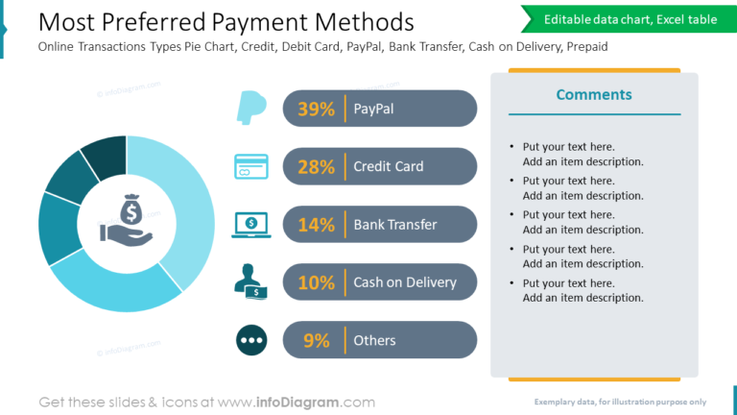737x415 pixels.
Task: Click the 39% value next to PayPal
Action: [316, 110]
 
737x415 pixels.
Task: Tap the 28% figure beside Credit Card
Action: [316, 167]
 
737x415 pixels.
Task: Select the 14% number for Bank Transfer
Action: [316, 225]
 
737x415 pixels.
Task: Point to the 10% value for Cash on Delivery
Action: [316, 282]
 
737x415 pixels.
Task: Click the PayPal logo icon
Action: [251, 108]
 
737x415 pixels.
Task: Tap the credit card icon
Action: [251, 166]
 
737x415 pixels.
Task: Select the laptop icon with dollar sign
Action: [251, 224]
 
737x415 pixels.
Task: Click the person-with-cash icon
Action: [251, 280]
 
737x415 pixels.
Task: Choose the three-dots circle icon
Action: [251, 340]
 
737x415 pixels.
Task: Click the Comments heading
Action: [594, 94]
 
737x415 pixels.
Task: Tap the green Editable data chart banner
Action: [630, 19]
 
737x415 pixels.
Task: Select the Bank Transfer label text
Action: [395, 225]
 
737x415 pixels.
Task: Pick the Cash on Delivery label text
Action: [405, 282]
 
